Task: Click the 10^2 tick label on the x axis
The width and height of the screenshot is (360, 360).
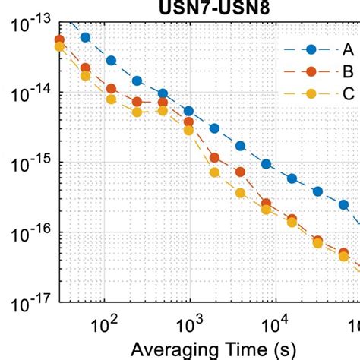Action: click(103, 327)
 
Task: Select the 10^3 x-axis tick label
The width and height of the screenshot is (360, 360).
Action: click(188, 327)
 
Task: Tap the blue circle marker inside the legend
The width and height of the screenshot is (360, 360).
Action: click(310, 50)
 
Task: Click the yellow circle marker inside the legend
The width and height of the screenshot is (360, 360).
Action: click(310, 94)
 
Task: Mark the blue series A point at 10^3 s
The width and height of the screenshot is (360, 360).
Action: click(189, 112)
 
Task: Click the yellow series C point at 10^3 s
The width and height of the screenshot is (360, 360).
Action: click(189, 131)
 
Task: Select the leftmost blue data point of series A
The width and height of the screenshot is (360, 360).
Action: click(85, 37)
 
